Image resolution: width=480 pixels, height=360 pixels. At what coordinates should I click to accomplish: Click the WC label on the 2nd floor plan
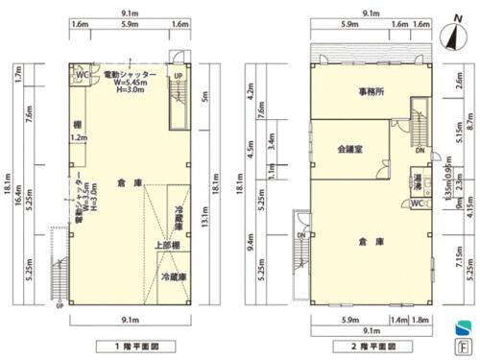pyautogui.click(x=416, y=204)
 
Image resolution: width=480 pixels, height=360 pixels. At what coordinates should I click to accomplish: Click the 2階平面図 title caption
pyautogui.click(x=366, y=344)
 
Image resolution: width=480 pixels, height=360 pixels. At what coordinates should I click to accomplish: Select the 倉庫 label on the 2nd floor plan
pyautogui.click(x=365, y=240)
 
